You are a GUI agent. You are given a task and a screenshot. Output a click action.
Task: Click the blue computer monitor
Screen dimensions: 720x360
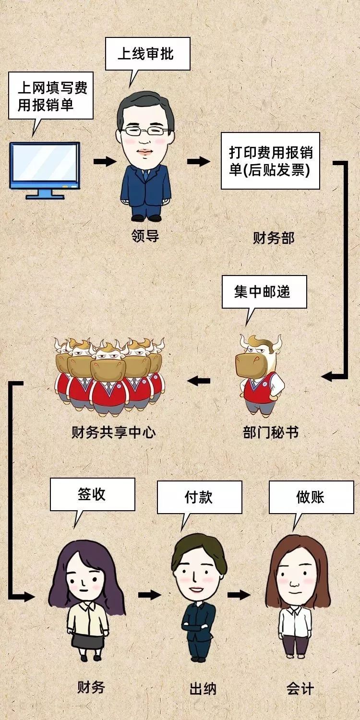coord(45,168)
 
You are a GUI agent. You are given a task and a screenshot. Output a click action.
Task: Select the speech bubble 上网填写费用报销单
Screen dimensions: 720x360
coord(51,96)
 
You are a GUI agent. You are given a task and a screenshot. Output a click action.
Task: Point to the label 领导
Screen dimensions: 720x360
coord(145,236)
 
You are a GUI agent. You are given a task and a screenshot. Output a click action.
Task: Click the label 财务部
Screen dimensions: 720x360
coord(273,238)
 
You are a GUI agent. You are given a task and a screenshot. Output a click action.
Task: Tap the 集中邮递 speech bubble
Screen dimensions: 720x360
coord(264,291)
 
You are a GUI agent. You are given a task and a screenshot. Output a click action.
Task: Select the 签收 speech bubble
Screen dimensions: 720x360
coord(92,494)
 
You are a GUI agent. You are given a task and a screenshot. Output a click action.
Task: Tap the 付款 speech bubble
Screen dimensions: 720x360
coord(199,497)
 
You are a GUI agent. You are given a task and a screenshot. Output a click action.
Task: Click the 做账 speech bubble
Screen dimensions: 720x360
coord(310,497)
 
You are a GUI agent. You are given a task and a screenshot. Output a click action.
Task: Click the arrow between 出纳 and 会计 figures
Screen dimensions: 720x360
coord(239,595)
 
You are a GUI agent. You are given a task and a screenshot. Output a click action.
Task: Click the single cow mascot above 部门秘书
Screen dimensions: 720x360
coord(259,374)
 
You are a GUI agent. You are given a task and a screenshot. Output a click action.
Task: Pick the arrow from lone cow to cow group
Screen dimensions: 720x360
coord(199,381)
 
